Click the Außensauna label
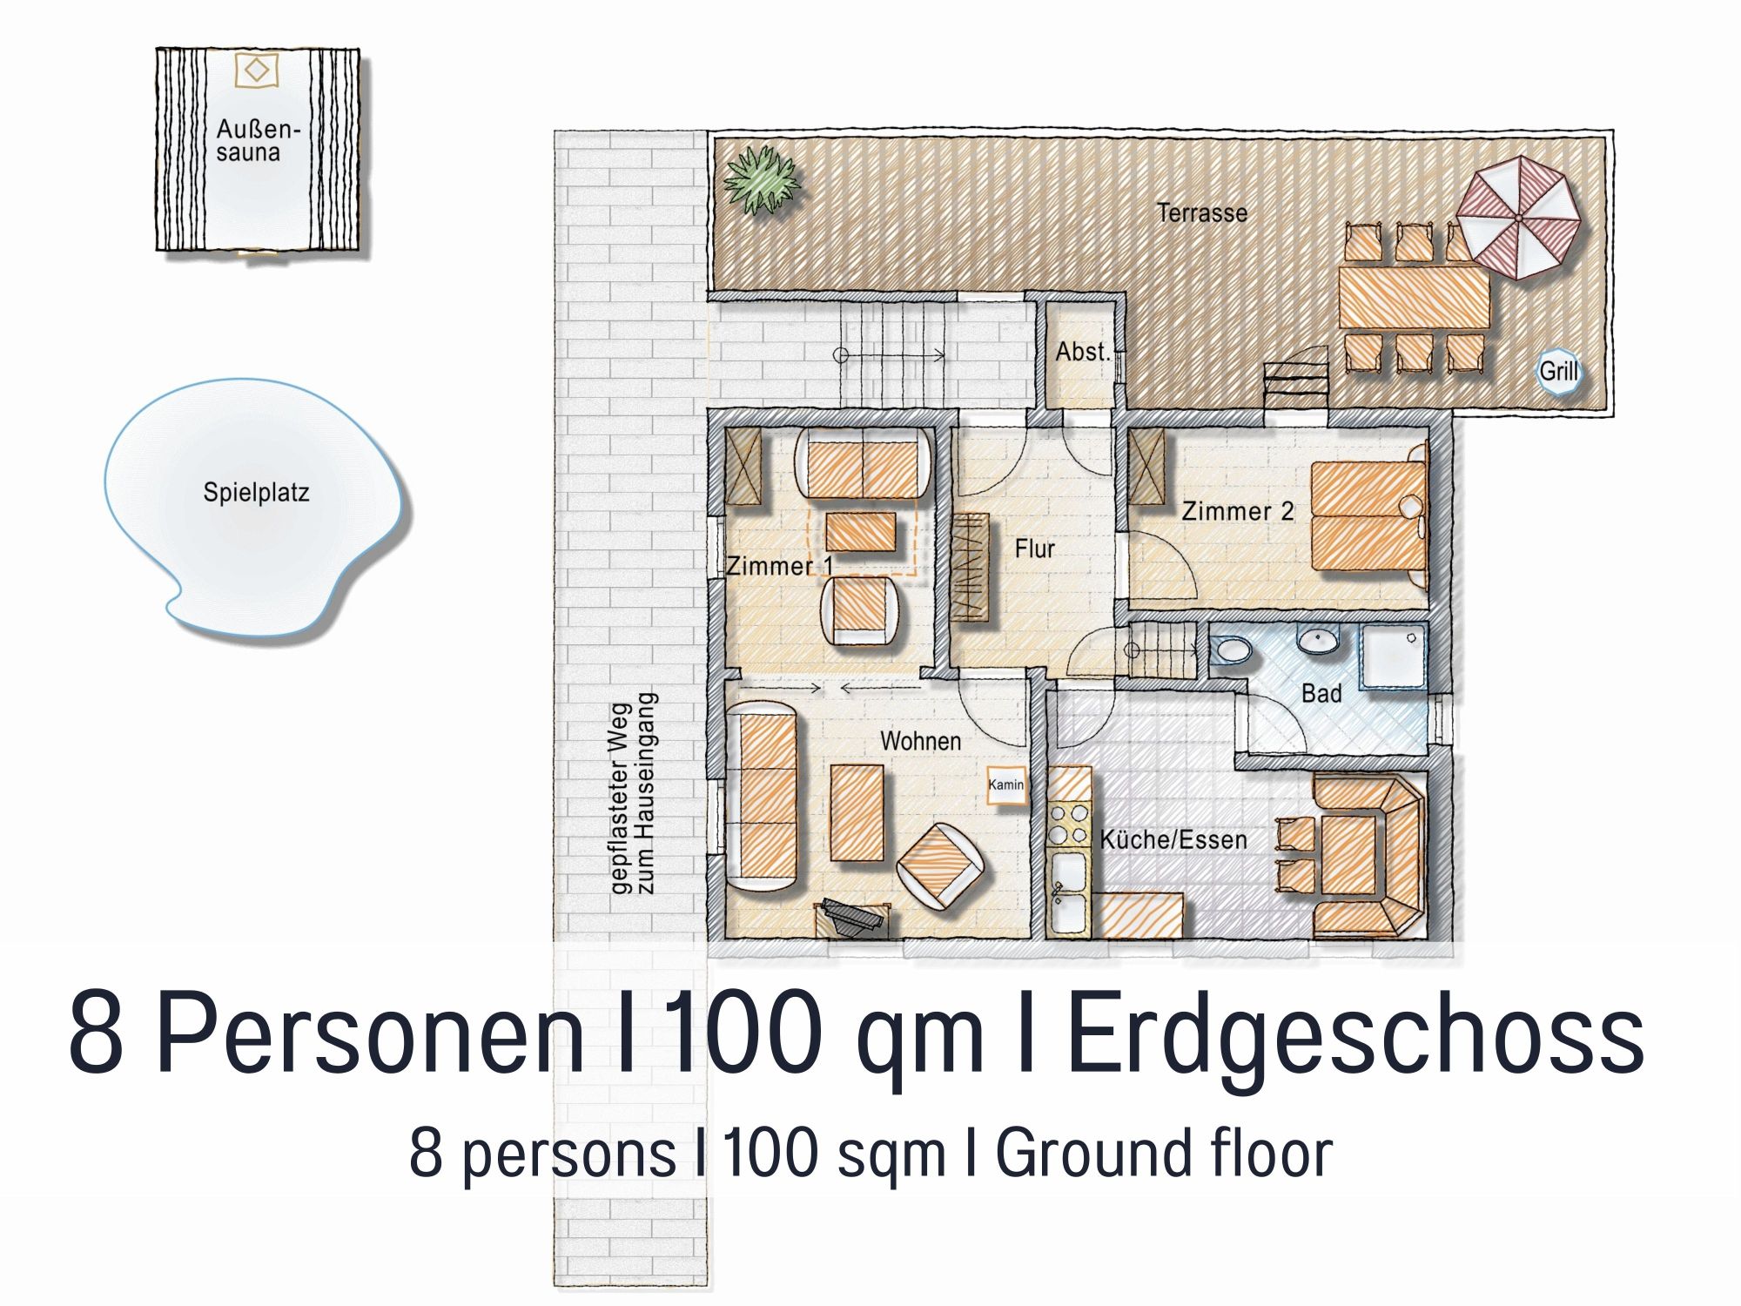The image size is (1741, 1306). point(258,141)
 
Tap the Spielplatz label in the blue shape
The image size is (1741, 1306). point(256,493)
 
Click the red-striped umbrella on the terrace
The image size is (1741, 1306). point(1518,217)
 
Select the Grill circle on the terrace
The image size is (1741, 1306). point(1558,372)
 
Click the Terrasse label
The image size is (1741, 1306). point(1202,213)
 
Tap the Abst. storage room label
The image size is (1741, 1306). point(1084,352)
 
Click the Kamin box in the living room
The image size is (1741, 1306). point(1005,785)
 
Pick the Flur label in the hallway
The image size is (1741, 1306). point(1034,549)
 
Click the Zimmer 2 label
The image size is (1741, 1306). point(1237,511)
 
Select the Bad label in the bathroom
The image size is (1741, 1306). point(1321,694)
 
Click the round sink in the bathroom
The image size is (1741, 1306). point(1318,641)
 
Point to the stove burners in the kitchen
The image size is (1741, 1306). point(1068,824)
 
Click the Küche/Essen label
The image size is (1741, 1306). point(1173,840)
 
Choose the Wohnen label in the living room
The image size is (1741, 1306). point(921,742)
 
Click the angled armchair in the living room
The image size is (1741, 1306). point(941,866)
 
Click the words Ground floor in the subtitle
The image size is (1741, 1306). point(1164,1154)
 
